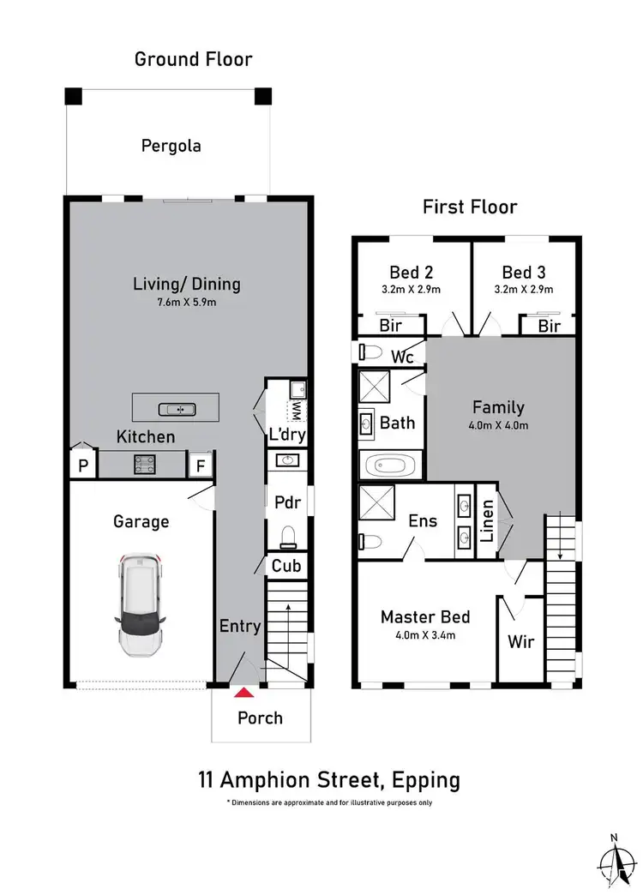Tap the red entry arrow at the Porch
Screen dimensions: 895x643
(x=245, y=692)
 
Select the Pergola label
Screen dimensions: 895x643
(x=171, y=146)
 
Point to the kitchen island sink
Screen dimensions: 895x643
(x=174, y=408)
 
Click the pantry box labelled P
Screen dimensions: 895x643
(x=82, y=466)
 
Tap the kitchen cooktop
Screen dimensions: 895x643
(x=143, y=465)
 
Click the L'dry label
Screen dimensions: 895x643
(x=287, y=435)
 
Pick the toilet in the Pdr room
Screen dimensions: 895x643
(x=288, y=536)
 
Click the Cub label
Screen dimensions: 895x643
(x=285, y=567)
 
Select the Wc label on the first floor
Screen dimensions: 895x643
(x=403, y=355)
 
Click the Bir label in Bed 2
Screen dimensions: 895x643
(x=389, y=327)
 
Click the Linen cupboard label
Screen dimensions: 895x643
(x=485, y=521)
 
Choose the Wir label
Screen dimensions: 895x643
(x=521, y=641)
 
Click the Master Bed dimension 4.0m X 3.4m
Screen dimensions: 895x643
(x=425, y=635)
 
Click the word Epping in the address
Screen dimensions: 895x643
(x=424, y=780)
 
